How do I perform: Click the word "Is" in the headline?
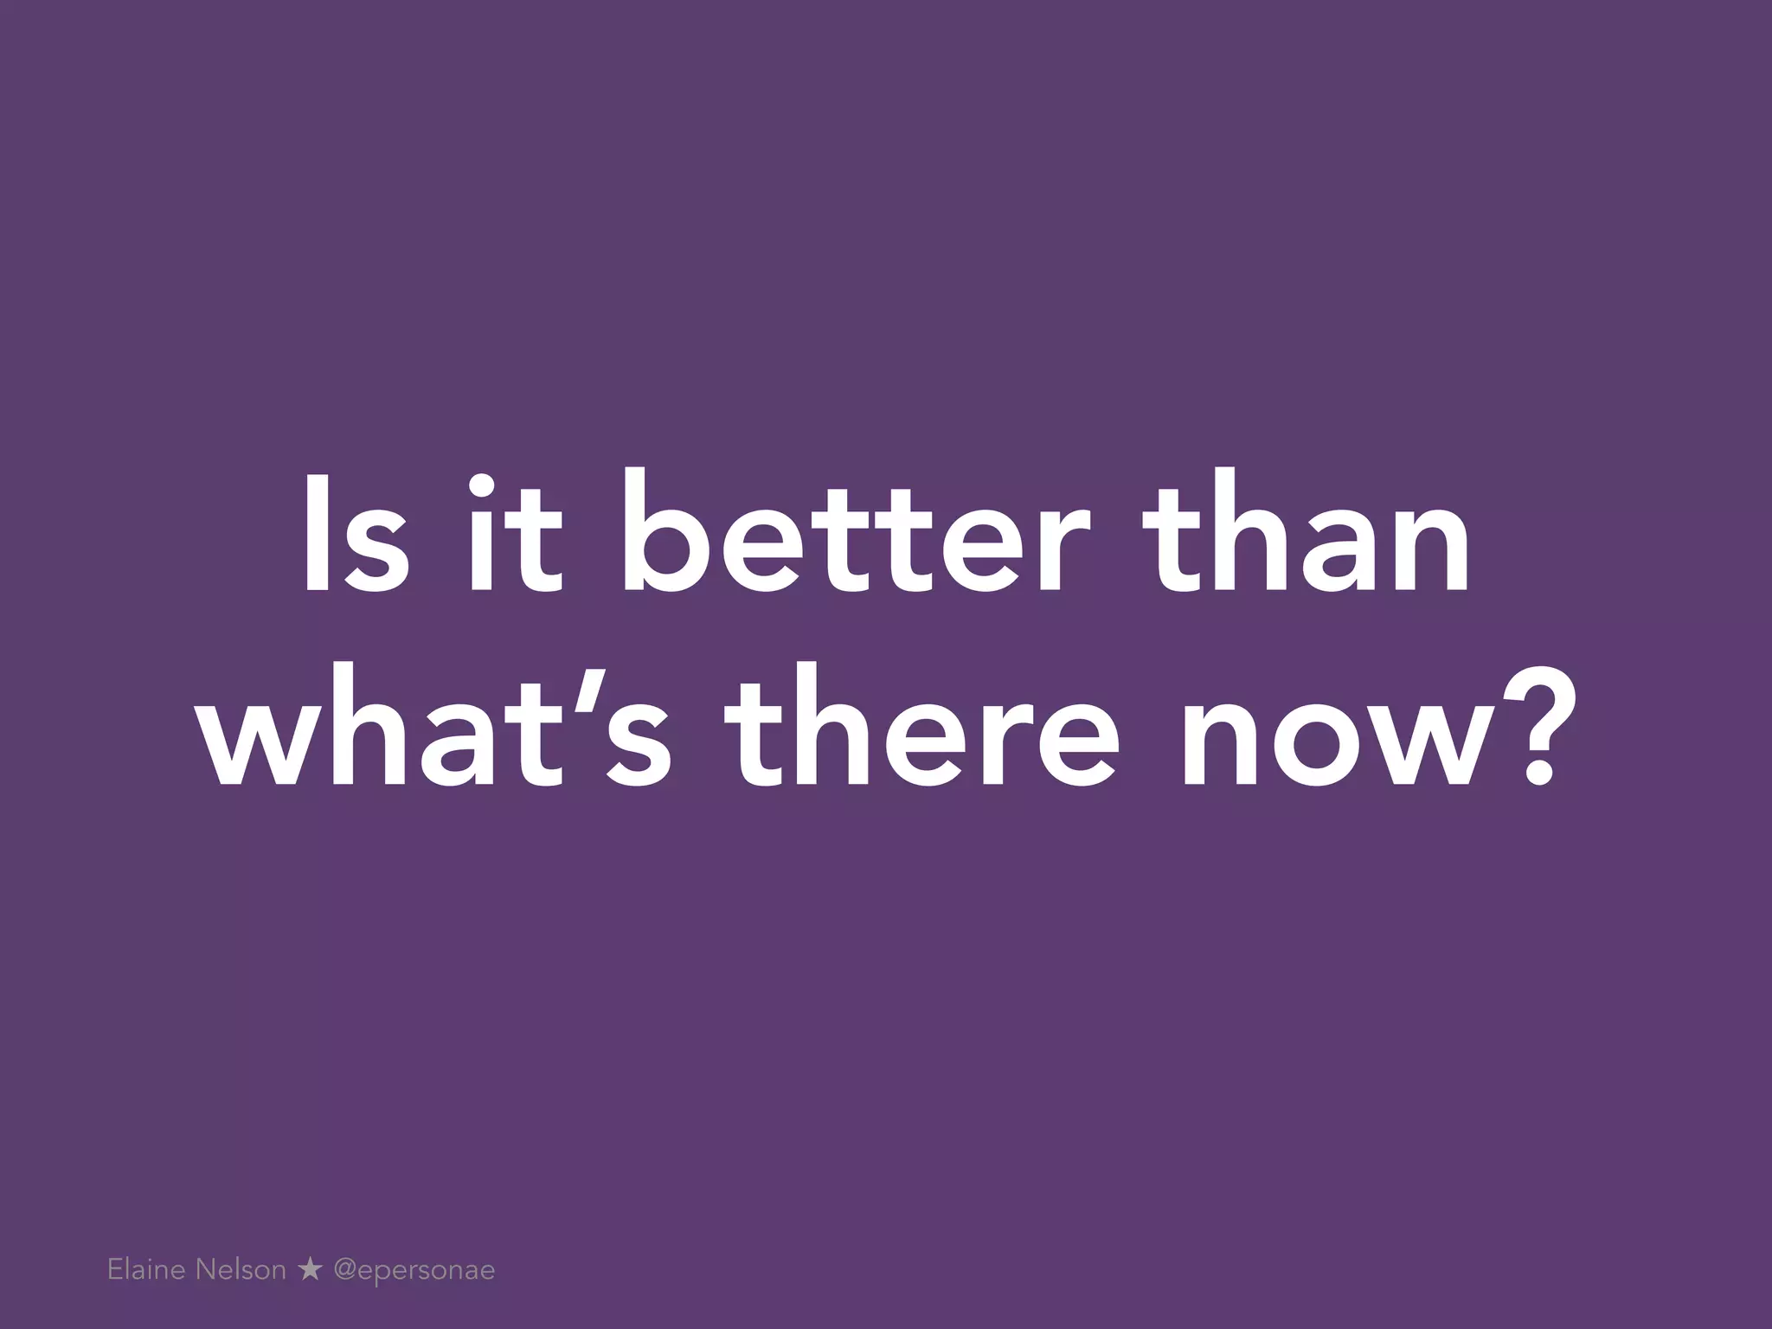point(355,535)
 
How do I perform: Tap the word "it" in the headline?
point(516,535)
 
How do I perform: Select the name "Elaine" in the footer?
point(146,1270)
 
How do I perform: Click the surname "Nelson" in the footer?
point(241,1270)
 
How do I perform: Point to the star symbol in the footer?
point(309,1270)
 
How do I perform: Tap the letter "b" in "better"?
point(665,535)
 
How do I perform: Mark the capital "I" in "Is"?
point(316,535)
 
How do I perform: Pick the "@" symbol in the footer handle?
point(345,1271)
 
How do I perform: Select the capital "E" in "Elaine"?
point(115,1270)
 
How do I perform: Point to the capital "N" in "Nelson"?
point(205,1270)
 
